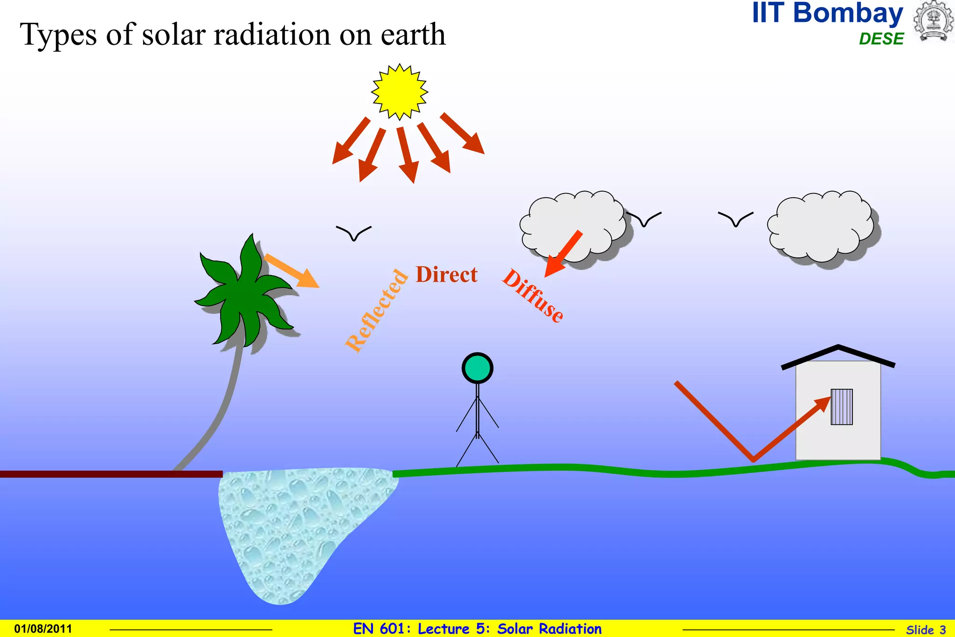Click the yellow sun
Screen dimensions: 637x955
pyautogui.click(x=400, y=92)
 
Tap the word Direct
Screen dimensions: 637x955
pyautogui.click(x=446, y=275)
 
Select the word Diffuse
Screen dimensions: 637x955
pyautogui.click(x=533, y=296)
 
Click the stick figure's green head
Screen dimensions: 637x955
pyautogui.click(x=477, y=368)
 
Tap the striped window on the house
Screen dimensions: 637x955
pyautogui.click(x=841, y=407)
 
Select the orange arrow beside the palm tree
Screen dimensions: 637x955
pyautogui.click(x=292, y=271)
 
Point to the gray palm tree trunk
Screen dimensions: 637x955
pyautogui.click(x=224, y=410)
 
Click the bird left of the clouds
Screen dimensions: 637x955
pyautogui.click(x=353, y=232)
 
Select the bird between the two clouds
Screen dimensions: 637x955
pyautogui.click(x=735, y=218)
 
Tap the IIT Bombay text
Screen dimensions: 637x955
pyautogui.click(x=827, y=14)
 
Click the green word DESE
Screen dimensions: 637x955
pyautogui.click(x=881, y=39)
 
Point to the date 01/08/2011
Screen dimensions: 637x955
pyautogui.click(x=43, y=629)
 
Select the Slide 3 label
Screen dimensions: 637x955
pyautogui.click(x=926, y=630)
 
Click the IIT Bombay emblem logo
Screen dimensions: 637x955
pyautogui.click(x=933, y=21)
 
